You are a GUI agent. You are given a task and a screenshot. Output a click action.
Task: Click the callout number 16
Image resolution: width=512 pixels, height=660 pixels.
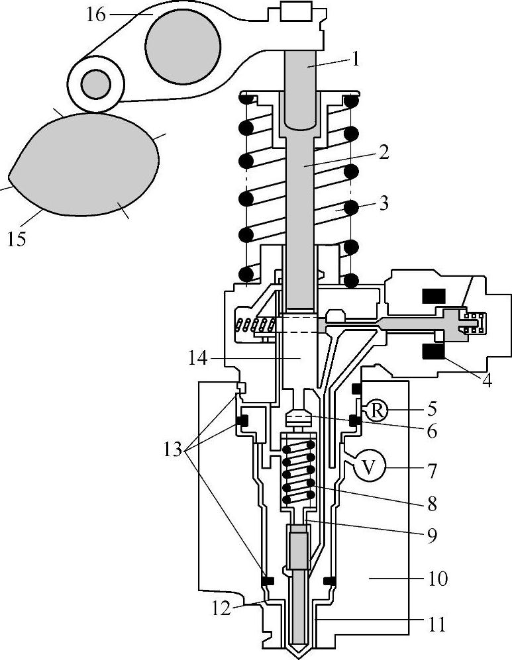[95, 15]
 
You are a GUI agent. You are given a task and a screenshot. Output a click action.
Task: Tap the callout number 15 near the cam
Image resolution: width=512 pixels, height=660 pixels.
[17, 239]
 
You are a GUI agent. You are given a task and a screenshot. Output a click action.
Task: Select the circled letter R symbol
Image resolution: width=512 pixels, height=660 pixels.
[377, 410]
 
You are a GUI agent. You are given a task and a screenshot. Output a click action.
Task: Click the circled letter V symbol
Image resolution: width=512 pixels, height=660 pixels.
[368, 467]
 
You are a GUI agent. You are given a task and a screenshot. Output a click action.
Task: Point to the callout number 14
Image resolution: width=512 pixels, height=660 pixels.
[198, 359]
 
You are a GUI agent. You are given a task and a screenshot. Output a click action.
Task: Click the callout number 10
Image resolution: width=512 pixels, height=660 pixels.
[438, 579]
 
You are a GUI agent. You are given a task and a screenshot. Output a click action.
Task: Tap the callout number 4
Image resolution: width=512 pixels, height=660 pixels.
[487, 381]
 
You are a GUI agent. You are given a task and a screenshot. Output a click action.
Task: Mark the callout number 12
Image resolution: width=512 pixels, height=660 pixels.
[221, 608]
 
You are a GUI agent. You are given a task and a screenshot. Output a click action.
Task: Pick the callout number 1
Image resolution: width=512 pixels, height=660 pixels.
[356, 60]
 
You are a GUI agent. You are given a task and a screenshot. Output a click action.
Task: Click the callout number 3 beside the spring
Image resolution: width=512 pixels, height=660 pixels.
[384, 203]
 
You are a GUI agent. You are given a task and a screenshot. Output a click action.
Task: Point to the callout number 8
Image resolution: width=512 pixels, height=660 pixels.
[432, 504]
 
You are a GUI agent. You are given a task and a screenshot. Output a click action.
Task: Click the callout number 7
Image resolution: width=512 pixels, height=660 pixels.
[432, 471]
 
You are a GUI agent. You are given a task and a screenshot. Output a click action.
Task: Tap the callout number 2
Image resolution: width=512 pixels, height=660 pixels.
[384, 153]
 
